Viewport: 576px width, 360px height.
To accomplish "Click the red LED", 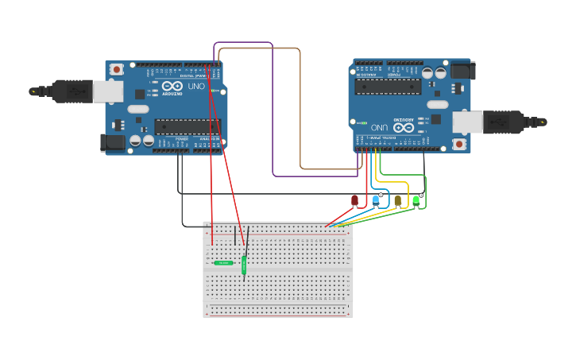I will click(x=354, y=200).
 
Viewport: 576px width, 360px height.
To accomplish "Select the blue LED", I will click(x=376, y=200).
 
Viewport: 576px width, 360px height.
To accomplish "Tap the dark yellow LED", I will click(x=397, y=200).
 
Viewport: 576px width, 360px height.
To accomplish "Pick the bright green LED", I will click(x=416, y=200).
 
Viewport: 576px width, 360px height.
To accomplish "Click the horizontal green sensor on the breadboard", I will click(x=223, y=262).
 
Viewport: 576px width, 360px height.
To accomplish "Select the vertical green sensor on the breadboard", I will click(x=244, y=265).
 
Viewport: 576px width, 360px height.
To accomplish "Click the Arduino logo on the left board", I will click(x=172, y=87).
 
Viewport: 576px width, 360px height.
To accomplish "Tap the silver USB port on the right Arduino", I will click(x=467, y=122).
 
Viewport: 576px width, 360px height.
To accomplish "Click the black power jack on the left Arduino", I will click(x=113, y=142).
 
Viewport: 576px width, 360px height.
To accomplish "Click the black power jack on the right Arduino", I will click(x=461, y=70).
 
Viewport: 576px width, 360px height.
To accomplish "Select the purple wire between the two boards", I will click(x=273, y=111).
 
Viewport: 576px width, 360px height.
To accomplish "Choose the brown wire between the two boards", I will click(x=300, y=111).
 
